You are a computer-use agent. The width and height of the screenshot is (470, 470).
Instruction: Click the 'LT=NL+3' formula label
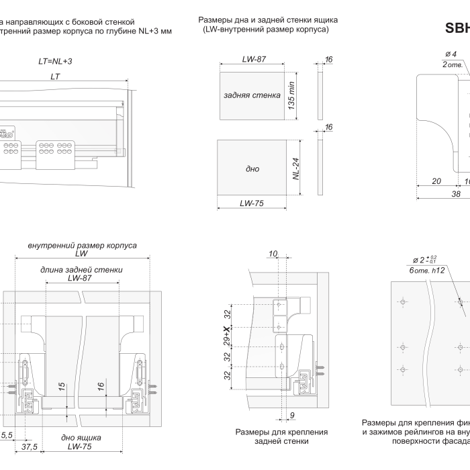pyautogui.click(x=55, y=61)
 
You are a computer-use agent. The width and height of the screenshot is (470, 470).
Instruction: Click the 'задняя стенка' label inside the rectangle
pyautogui.click(x=251, y=95)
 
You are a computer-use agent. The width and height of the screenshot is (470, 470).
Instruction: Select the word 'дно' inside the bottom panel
pyautogui.click(x=252, y=169)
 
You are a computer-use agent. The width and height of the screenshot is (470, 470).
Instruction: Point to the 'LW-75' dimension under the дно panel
pyautogui.click(x=254, y=202)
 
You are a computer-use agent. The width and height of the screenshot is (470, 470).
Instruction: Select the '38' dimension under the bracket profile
pyautogui.click(x=455, y=193)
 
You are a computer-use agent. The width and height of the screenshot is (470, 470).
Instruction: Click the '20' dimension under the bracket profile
pyautogui.click(x=436, y=181)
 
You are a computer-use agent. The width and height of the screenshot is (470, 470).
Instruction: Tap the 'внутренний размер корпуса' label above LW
pyautogui.click(x=82, y=246)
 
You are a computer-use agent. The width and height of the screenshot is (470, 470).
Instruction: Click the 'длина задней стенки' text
pyautogui.click(x=81, y=270)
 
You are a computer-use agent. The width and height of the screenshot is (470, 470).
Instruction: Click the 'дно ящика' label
pyautogui.click(x=81, y=437)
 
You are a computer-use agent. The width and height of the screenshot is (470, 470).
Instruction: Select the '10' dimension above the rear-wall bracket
pyautogui.click(x=273, y=253)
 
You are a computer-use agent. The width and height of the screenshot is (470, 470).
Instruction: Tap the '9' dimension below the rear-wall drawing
pyautogui.click(x=292, y=414)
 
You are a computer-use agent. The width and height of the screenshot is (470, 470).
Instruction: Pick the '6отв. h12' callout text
pyautogui.click(x=428, y=269)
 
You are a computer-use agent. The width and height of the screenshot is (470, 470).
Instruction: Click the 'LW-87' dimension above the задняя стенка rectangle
pyautogui.click(x=254, y=59)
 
